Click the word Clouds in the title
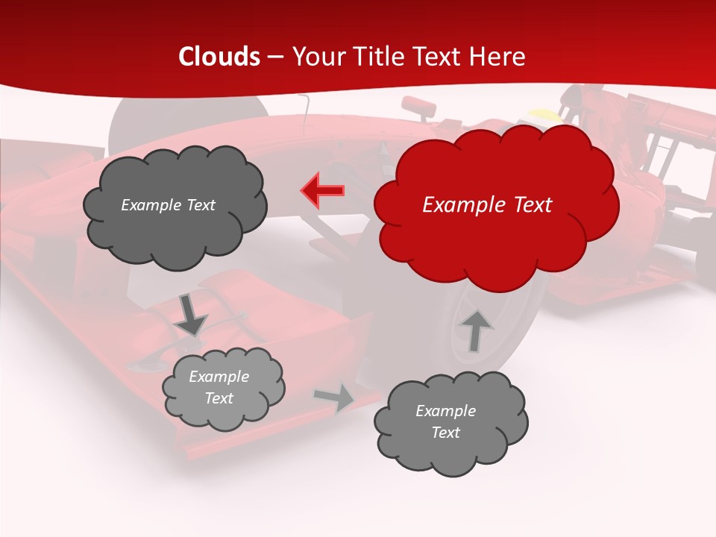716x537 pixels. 219,57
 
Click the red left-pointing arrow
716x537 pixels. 322,191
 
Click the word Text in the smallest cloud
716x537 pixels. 219,398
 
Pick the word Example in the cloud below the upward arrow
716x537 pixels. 445,411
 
